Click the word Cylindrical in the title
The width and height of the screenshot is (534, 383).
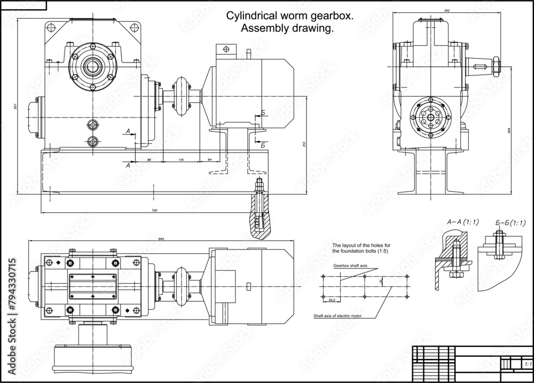251,16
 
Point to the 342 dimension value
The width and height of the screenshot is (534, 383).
446,11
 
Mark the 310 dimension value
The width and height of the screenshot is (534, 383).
304,145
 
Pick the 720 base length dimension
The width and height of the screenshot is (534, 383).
155,210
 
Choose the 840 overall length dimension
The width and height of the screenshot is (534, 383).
162,238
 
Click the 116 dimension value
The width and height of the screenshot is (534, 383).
181,160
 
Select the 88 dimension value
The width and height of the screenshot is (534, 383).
149,160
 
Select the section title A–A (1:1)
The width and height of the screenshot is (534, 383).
462,222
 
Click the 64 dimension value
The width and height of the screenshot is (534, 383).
209,160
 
